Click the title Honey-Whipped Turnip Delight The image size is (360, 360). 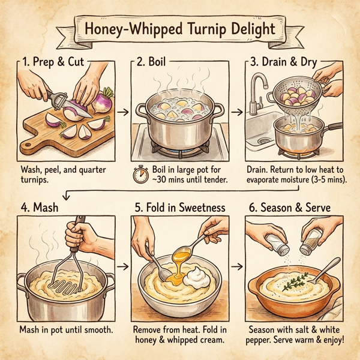[x=180, y=28]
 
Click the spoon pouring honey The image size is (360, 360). [x=186, y=252]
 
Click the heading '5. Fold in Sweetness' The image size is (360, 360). [x=179, y=208]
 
